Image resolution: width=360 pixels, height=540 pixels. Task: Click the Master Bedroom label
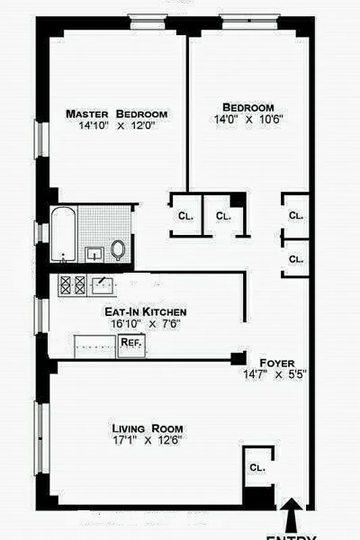click(116, 113)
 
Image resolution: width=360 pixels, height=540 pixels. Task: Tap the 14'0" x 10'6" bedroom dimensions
click(248, 119)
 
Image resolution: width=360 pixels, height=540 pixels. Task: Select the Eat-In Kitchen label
click(145, 312)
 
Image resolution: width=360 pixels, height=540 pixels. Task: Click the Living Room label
click(147, 429)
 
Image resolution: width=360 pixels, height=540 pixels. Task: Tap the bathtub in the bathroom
click(63, 234)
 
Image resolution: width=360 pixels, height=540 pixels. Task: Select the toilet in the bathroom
click(118, 250)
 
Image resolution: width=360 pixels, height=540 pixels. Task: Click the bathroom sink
click(94, 254)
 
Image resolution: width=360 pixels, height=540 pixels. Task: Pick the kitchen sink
click(103, 286)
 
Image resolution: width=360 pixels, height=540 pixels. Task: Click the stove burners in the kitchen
click(73, 286)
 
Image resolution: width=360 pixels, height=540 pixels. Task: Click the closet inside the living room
click(257, 466)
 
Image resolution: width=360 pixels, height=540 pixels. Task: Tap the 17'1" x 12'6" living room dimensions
click(147, 440)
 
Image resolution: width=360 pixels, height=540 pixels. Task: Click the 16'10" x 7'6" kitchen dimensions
click(145, 323)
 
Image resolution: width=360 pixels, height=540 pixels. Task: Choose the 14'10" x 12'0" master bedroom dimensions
click(116, 126)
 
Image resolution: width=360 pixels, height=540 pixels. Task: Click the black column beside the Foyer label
click(238, 358)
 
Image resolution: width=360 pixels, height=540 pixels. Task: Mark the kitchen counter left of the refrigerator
click(95, 346)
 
